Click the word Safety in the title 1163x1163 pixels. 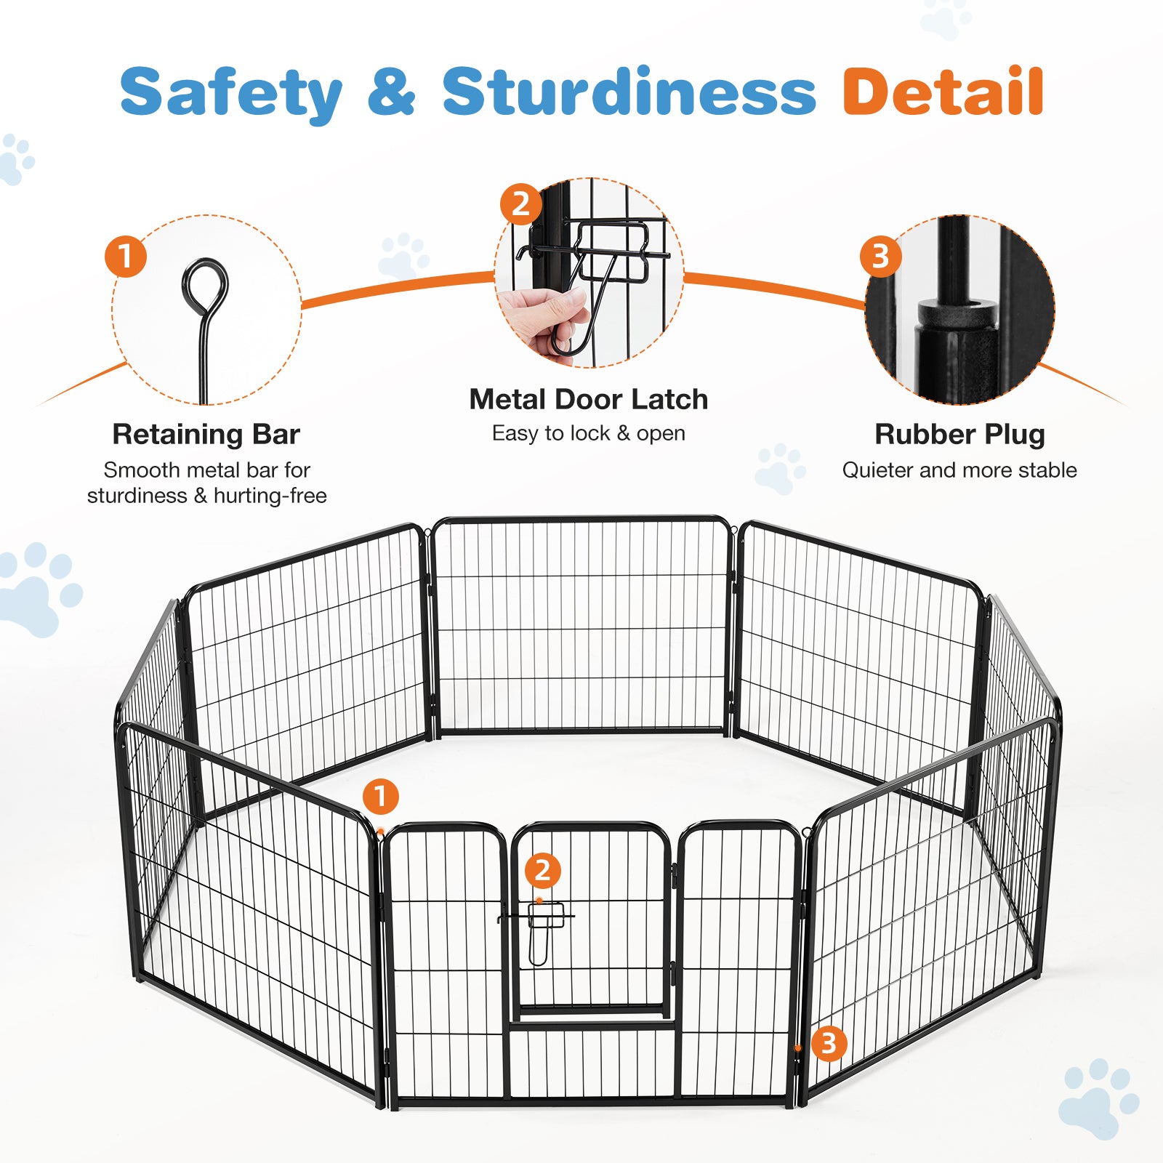tap(230, 93)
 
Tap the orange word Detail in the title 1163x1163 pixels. tap(943, 92)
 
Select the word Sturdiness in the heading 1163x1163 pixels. tap(629, 92)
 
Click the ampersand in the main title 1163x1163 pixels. tap(391, 92)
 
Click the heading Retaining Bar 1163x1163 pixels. tap(206, 434)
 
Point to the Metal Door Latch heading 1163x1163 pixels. tap(588, 399)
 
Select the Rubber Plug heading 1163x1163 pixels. tap(959, 434)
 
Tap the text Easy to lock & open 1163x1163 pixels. tap(588, 433)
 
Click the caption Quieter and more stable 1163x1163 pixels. tap(959, 470)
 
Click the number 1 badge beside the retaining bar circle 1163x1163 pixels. tap(126, 256)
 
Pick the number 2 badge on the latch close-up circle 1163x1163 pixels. tap(520, 204)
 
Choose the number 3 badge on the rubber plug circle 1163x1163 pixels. tap(880, 256)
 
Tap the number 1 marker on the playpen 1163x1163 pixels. tap(380, 797)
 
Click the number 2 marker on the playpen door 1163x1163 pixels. tap(542, 871)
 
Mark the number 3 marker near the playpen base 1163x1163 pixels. tap(829, 1044)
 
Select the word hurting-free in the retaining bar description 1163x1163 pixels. tap(270, 496)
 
